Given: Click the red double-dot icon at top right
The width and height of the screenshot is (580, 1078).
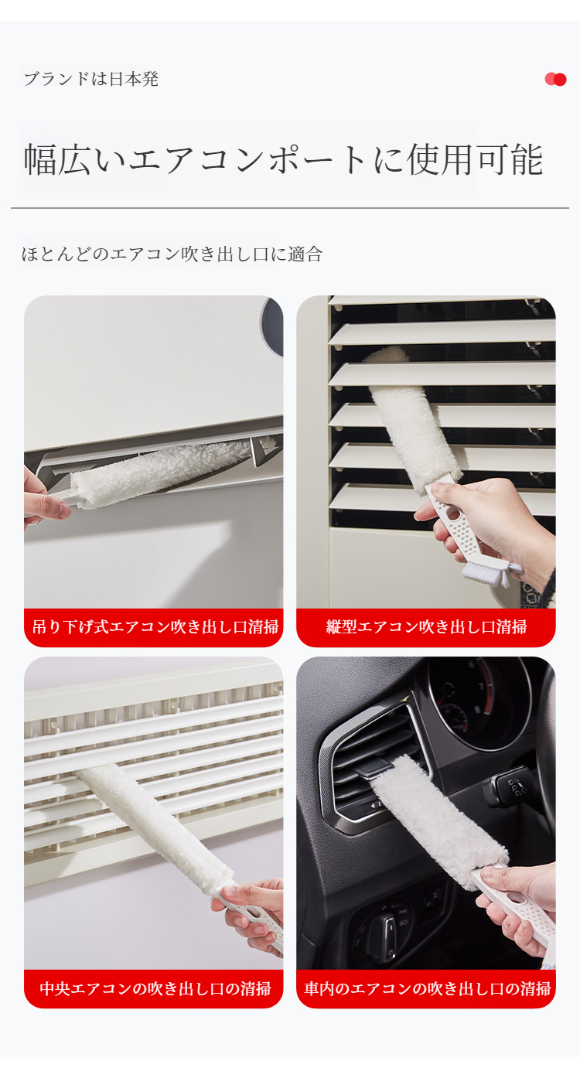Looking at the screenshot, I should [555, 79].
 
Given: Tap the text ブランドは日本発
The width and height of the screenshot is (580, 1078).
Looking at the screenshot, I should [91, 79].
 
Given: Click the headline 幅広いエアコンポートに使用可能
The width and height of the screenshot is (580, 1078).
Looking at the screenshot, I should [283, 159].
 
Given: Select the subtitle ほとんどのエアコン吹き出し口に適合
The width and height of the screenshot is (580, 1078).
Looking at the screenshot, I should [172, 254].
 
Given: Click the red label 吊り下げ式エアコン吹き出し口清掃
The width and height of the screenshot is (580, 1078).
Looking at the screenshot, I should [154, 627].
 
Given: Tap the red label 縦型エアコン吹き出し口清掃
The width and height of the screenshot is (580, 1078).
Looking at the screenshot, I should [426, 627].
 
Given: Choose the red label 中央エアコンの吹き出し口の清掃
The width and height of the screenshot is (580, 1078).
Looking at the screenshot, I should [154, 988].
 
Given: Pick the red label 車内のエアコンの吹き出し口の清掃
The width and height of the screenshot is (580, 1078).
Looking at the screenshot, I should [426, 988].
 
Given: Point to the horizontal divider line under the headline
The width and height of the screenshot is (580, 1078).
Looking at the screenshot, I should [289, 208].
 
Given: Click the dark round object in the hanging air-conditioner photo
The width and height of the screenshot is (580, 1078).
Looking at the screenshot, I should [272, 325].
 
